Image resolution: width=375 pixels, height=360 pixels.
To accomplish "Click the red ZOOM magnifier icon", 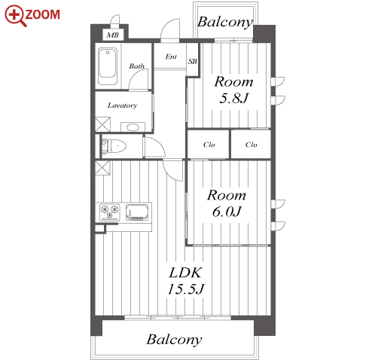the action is [16, 16].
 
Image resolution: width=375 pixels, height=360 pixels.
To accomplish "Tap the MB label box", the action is [113, 35].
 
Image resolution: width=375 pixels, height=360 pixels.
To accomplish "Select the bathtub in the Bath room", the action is [108, 66].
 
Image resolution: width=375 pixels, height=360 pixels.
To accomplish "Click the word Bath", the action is [137, 66].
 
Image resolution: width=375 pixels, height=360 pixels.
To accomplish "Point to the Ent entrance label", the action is [171, 56].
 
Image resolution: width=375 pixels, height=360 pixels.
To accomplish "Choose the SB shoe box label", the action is [193, 61].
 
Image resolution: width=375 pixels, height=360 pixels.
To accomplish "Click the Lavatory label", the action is [123, 105].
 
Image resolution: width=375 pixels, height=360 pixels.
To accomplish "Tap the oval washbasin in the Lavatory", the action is [133, 127].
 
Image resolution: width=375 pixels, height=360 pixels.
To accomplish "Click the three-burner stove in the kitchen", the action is [110, 212].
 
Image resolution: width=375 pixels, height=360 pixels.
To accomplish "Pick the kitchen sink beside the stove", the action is [137, 212].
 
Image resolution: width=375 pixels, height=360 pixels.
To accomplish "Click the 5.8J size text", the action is [233, 98].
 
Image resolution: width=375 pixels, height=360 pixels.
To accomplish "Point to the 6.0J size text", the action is [227, 212].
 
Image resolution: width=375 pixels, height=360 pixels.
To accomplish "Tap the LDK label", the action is [185, 273].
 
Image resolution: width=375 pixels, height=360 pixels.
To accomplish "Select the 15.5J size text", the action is [186, 289].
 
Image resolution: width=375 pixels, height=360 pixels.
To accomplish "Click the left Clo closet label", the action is [209, 145].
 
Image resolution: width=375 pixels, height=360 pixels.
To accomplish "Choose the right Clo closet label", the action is [252, 145].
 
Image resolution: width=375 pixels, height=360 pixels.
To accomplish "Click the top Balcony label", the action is [225, 23].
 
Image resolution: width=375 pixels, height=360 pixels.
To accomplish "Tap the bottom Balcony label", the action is [174, 340].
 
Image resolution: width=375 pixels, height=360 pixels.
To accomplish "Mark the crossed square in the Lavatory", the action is [102, 124].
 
